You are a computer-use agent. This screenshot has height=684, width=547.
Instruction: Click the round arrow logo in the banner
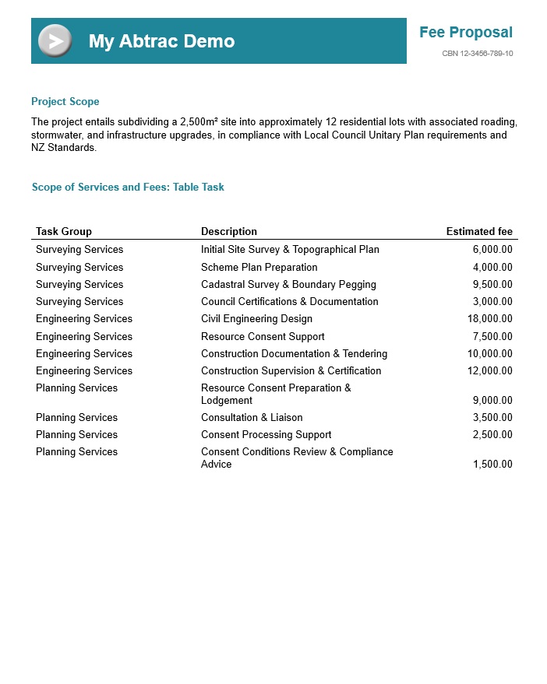pos(55,40)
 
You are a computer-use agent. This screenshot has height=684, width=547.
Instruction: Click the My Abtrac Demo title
pos(161,41)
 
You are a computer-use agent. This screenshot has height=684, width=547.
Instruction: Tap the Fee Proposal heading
pos(465,33)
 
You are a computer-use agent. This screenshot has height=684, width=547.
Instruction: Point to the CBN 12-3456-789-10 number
pos(477,54)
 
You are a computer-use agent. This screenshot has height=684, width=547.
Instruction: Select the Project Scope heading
pos(65,102)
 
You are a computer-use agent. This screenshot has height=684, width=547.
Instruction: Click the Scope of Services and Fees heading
pos(128,188)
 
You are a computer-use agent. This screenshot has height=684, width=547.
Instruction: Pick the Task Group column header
pos(64,231)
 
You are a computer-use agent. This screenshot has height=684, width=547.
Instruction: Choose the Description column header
pos(229,231)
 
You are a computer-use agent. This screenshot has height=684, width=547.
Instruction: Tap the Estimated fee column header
pos(479,231)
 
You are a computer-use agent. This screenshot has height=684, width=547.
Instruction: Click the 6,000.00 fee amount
pos(492,250)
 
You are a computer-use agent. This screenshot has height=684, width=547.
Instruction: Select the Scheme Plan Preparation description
pos(259,267)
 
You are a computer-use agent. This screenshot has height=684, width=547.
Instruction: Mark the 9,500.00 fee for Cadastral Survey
pos(492,284)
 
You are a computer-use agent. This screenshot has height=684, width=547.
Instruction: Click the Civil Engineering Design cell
pos(256,318)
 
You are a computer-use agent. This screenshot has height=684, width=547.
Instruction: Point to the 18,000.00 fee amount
pos(490,318)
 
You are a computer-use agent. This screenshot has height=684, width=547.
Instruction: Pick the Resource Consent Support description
pos(263,336)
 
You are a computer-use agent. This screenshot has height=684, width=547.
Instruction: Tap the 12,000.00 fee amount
pos(490,370)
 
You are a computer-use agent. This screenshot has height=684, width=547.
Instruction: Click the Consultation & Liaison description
pos(252,417)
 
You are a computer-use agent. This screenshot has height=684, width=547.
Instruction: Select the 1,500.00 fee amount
pos(492,464)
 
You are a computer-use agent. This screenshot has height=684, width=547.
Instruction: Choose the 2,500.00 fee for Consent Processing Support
pos(492,434)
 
